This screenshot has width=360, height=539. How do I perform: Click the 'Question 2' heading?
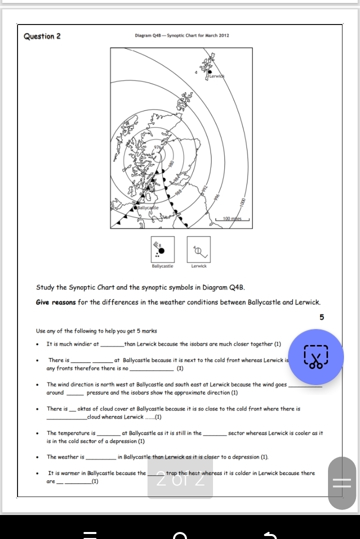(x=42, y=36)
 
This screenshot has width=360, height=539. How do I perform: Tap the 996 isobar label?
(x=217, y=197)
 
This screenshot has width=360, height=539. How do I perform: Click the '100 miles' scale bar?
(x=232, y=218)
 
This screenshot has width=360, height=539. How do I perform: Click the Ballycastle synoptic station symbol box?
(x=162, y=248)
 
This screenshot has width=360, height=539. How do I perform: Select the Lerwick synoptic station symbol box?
(x=199, y=248)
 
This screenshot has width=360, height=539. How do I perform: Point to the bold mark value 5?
(x=321, y=317)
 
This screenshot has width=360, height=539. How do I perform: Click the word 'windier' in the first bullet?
(x=89, y=344)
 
